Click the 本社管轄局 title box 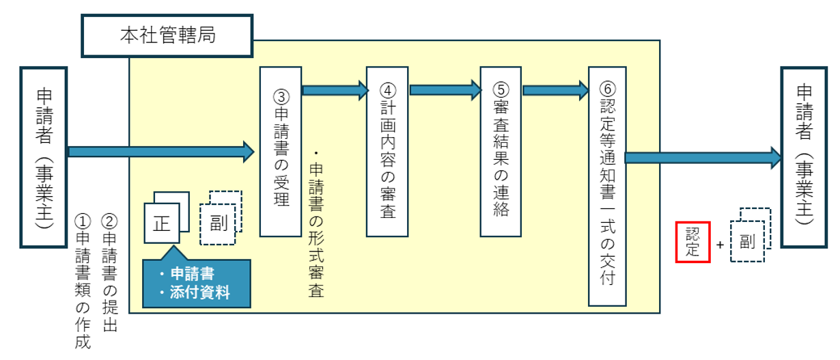[x=167, y=36]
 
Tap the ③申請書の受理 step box [x=281, y=152]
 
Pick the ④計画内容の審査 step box [x=387, y=152]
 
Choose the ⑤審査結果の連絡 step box [x=500, y=152]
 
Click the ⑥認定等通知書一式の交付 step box [x=606, y=186]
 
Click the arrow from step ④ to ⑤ [x=445, y=89]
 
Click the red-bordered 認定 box [x=693, y=242]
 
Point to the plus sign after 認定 [x=720, y=244]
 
